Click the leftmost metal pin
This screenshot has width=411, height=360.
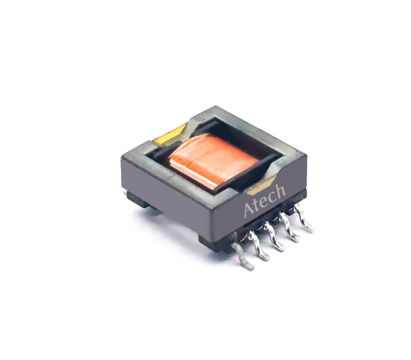point(242,257)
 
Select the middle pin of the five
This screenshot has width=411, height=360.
point(274,237)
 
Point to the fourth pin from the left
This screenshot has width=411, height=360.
point(289,227)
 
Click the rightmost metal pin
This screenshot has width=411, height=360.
point(304,217)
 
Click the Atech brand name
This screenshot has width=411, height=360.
point(265,201)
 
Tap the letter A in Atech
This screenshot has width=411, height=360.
point(249,210)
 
